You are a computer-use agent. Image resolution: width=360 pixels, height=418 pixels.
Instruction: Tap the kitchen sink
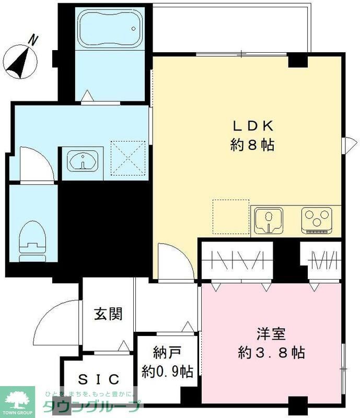[269, 219]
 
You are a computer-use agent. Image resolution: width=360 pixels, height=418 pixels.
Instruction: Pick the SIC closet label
[99, 379]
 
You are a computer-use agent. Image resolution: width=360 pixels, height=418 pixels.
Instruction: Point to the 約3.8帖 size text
[269, 353]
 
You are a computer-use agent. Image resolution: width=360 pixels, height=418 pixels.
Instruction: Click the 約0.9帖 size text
[168, 371]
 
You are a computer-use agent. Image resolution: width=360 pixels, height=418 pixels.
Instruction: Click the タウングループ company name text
[92, 407]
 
